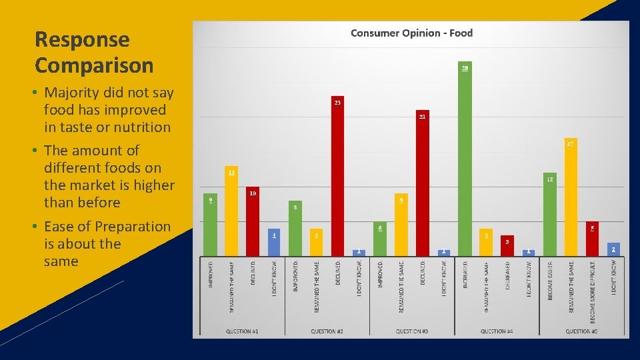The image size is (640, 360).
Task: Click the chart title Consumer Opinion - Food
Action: (411, 33)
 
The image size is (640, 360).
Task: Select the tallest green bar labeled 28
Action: (465, 160)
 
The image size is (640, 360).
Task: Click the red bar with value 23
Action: (337, 177)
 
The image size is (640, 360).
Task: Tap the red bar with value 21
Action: (422, 183)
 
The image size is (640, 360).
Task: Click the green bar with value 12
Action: (550, 215)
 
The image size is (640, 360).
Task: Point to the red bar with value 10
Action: (252, 222)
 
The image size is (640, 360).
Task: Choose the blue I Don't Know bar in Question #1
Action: (273, 242)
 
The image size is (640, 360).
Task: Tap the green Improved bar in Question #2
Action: (295, 229)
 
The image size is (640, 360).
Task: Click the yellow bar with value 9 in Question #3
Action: (401, 225)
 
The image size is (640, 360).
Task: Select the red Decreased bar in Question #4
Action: (507, 246)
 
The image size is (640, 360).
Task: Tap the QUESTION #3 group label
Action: (411, 331)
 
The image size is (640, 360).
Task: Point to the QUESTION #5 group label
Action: (581, 331)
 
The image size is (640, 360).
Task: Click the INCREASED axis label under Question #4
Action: (465, 279)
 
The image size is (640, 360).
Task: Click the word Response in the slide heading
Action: (82, 40)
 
